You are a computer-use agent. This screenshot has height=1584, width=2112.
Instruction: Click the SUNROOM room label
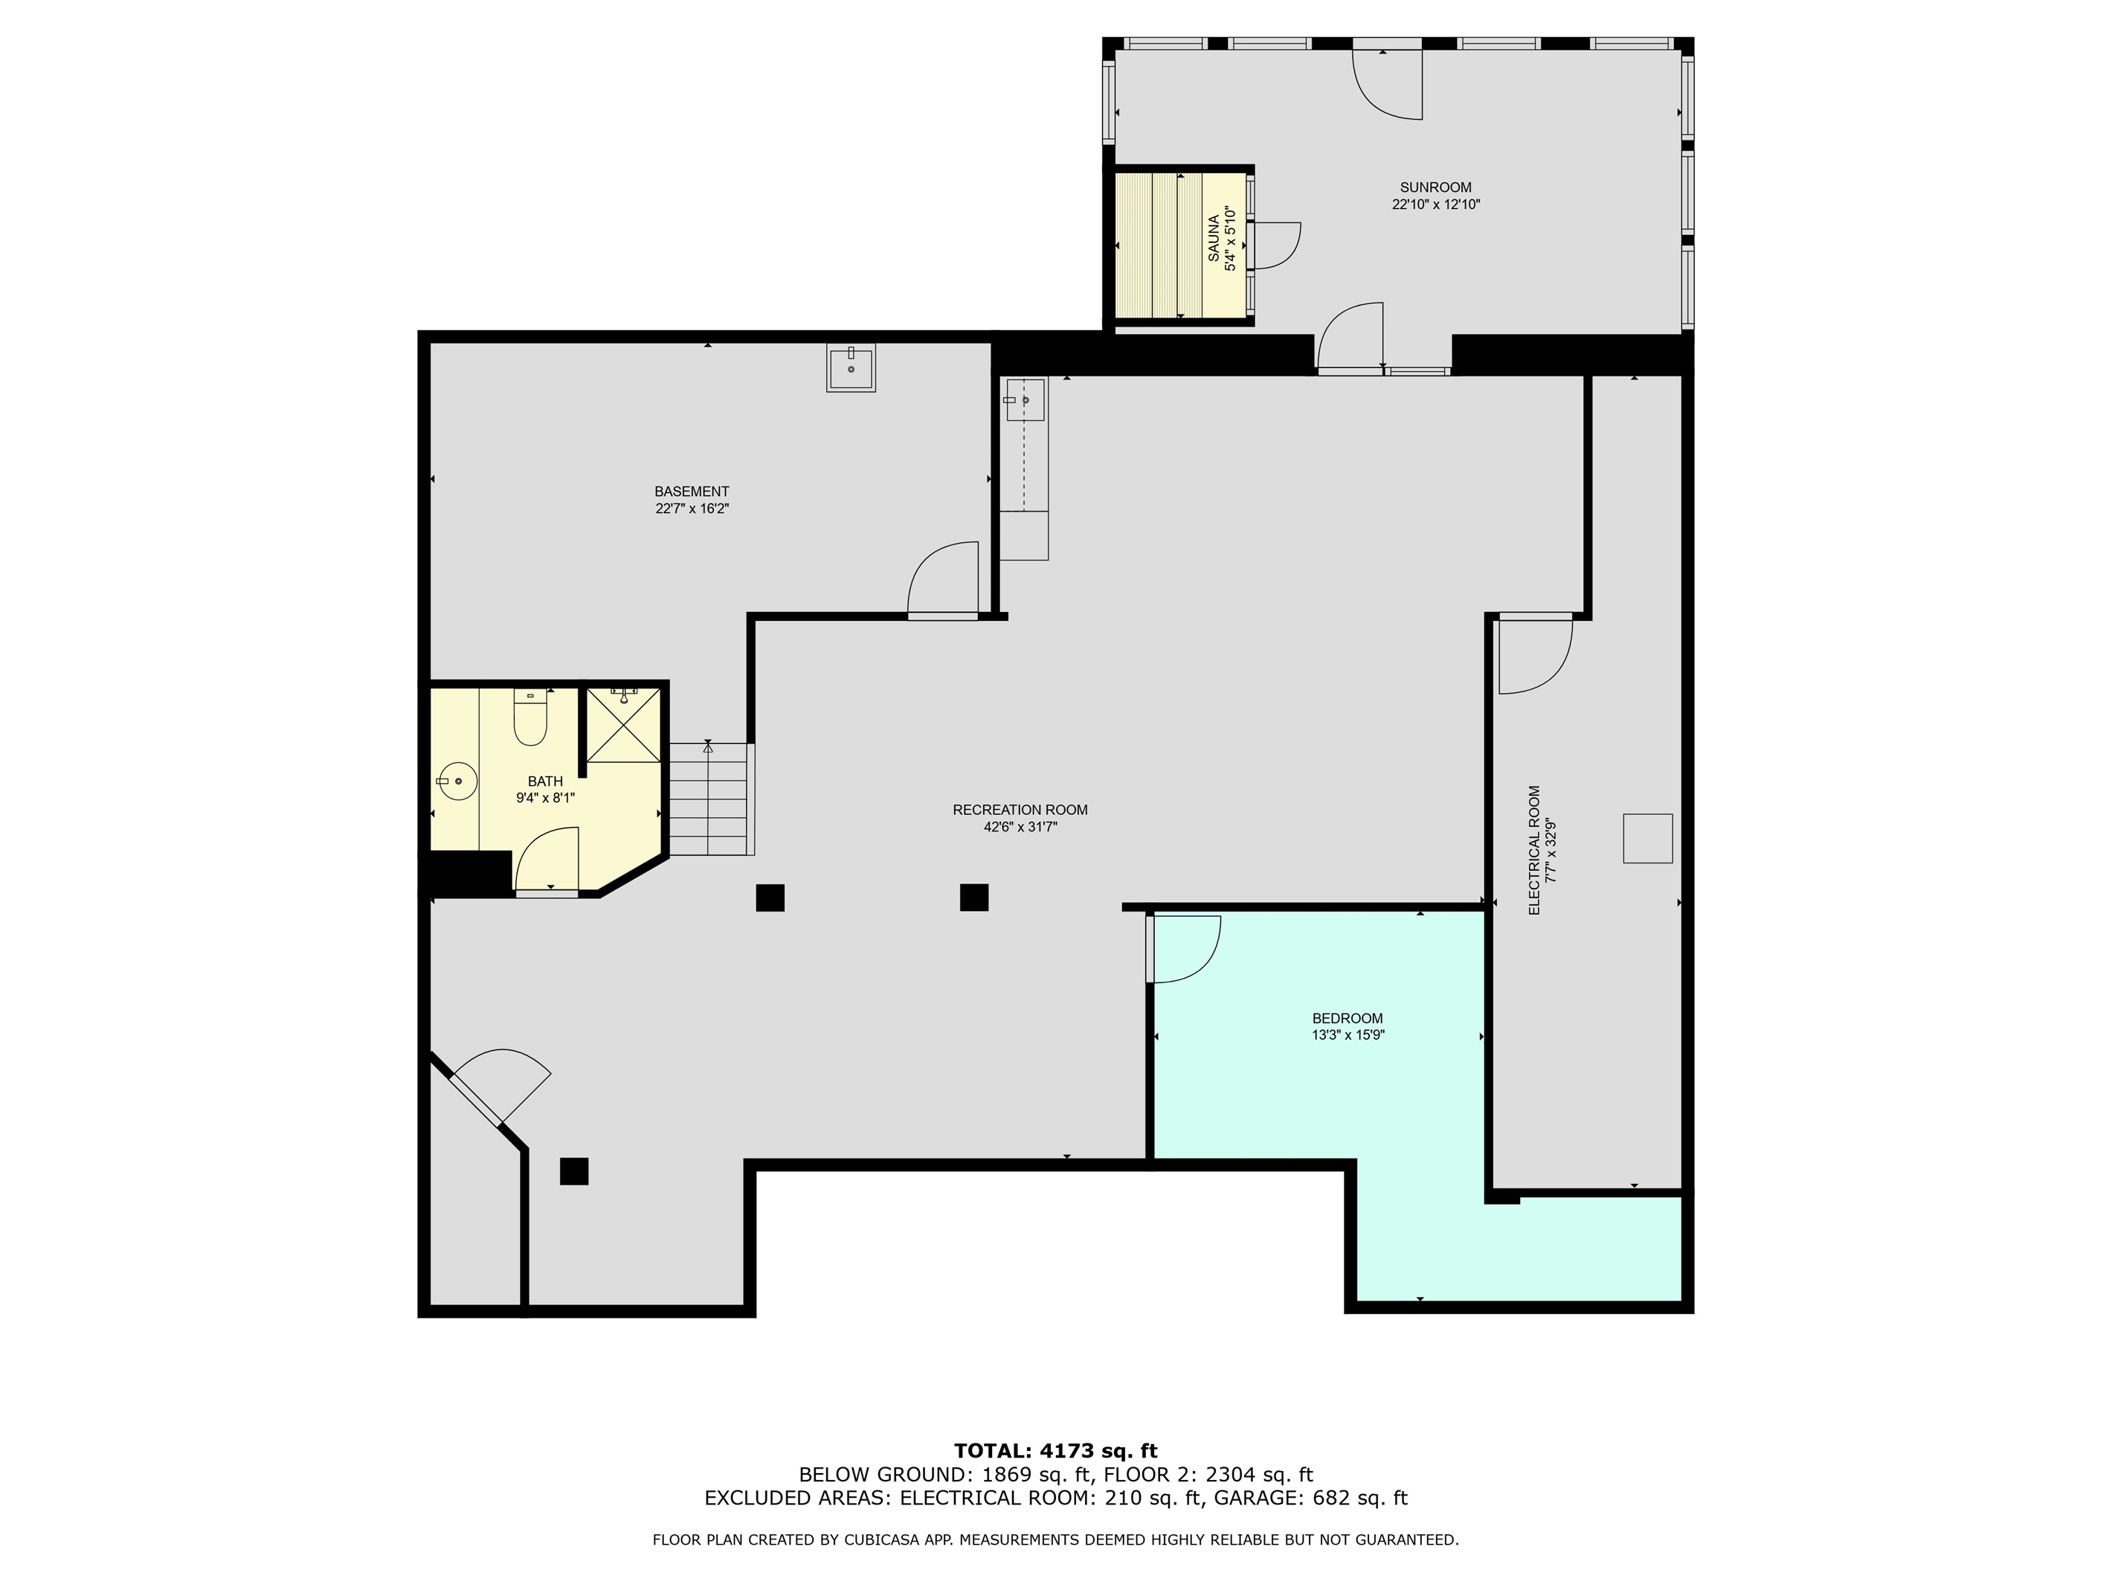1435,187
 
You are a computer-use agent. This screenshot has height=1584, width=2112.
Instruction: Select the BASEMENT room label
692,492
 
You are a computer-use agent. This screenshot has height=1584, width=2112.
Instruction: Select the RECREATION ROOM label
1020,810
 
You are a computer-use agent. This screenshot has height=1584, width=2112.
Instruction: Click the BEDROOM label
1348,1018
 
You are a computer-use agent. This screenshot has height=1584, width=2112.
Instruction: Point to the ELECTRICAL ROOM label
1534,850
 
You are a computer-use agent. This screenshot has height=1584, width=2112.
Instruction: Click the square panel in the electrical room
1647,838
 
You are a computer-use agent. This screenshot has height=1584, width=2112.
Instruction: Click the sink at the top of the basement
851,369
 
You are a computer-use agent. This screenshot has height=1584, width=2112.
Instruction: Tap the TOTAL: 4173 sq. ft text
1055,1452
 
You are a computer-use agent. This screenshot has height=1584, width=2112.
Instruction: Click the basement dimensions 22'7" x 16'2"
692,509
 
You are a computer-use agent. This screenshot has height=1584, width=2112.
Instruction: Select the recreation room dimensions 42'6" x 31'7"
1020,827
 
